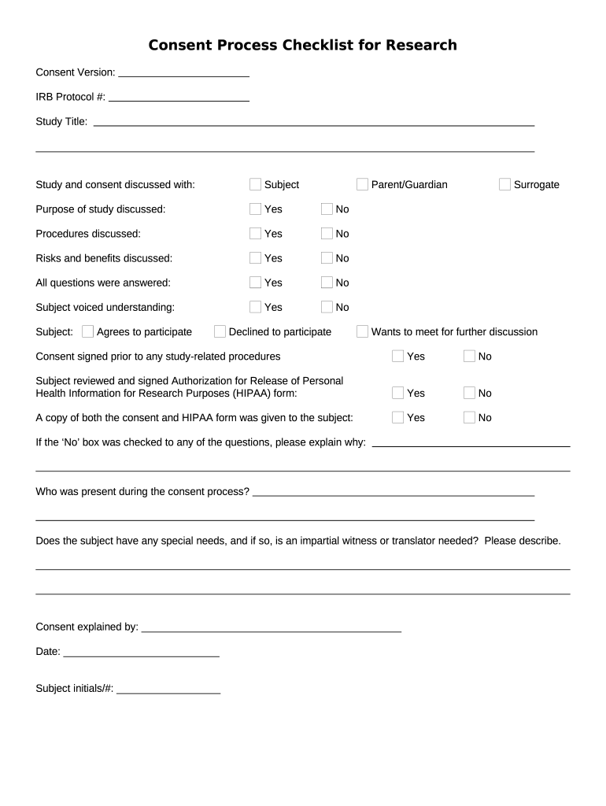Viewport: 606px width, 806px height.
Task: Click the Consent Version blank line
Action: tap(183, 72)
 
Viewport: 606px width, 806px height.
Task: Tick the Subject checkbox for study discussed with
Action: tap(255, 184)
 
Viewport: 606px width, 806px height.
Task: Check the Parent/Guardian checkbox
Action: tap(362, 184)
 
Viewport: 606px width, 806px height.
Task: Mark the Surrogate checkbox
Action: tap(504, 184)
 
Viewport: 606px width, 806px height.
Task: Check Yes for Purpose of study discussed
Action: tap(255, 209)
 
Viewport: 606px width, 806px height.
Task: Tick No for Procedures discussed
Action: tap(327, 233)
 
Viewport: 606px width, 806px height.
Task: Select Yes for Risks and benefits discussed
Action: tap(255, 257)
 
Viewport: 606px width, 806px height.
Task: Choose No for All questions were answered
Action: tap(327, 282)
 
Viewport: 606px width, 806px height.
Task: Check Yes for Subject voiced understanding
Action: tap(255, 306)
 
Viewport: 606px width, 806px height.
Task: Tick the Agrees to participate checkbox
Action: tap(87, 331)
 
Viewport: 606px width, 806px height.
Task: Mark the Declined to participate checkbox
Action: tap(220, 331)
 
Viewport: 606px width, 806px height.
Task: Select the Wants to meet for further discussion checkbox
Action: tap(362, 331)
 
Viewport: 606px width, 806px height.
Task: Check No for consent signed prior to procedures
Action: tap(469, 356)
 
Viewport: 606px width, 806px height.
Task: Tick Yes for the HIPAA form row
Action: tap(397, 393)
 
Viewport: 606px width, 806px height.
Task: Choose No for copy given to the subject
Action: tap(469, 417)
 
